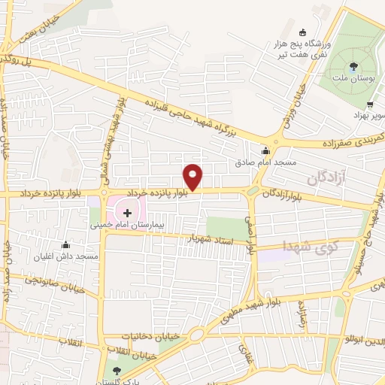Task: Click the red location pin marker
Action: [193, 177]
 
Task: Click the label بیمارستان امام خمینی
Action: [125, 225]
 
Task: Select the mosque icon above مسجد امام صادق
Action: [265, 150]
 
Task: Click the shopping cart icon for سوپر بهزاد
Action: [369, 105]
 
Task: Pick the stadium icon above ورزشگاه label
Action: [302, 32]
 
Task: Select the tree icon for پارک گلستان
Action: [115, 370]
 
